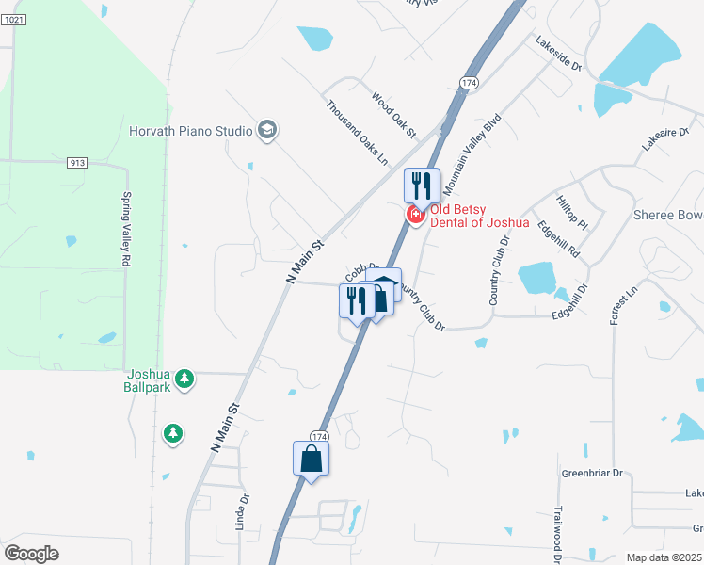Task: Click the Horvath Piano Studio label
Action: (190, 131)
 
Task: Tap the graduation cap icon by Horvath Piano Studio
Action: (267, 130)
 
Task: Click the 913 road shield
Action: (77, 163)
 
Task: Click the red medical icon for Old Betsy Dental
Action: (414, 215)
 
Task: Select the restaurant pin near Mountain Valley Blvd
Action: (422, 185)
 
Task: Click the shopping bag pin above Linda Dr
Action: (311, 459)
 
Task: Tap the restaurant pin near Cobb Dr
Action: (356, 300)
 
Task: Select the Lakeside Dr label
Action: (559, 56)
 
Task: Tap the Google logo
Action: (31, 553)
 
